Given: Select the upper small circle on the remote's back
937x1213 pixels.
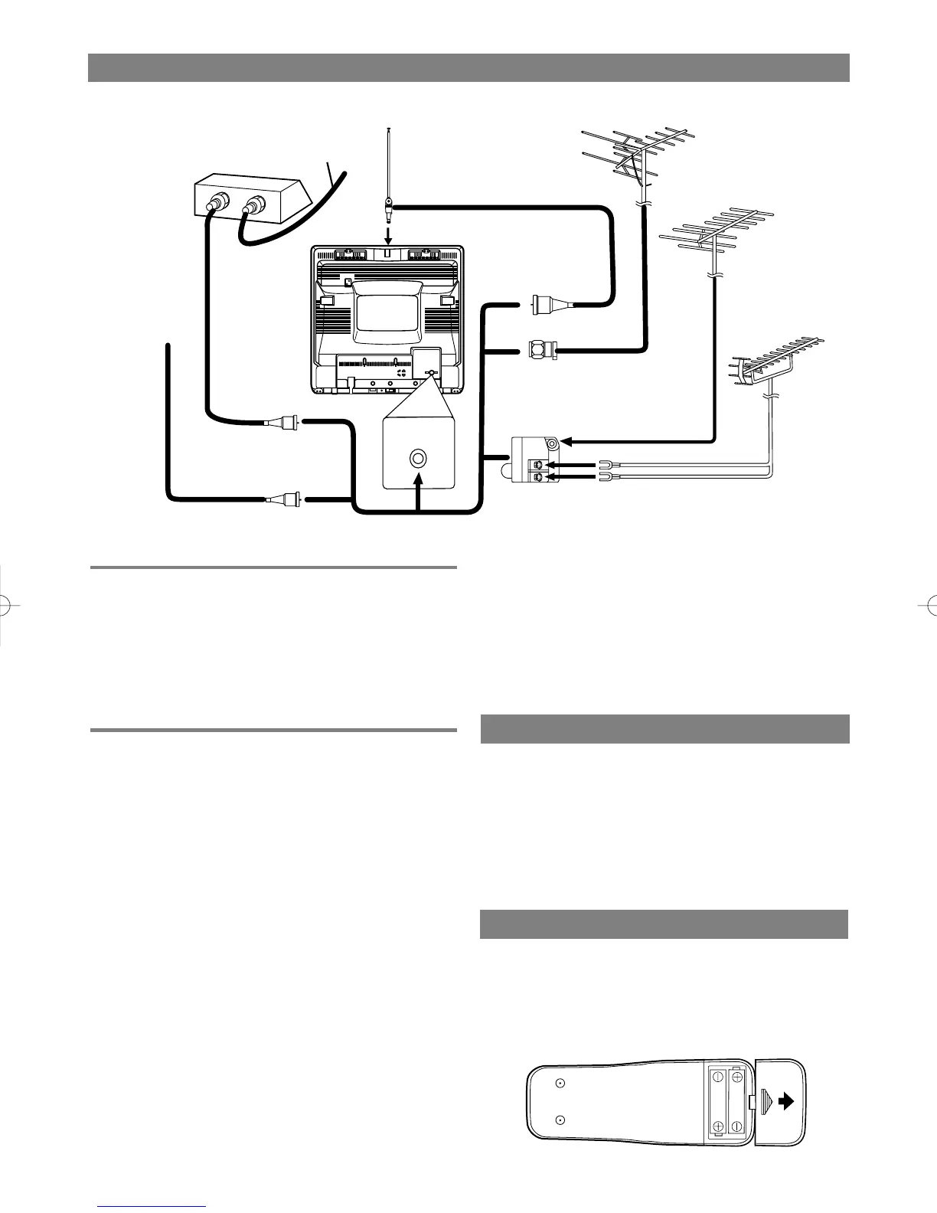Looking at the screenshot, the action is [x=560, y=1083].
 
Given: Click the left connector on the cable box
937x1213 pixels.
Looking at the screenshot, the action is [x=214, y=204].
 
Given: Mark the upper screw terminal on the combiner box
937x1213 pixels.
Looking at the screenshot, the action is [x=538, y=464].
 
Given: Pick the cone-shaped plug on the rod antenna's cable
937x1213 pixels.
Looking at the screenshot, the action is [x=546, y=305].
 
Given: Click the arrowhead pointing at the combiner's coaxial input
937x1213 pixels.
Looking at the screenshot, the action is [x=567, y=441].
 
